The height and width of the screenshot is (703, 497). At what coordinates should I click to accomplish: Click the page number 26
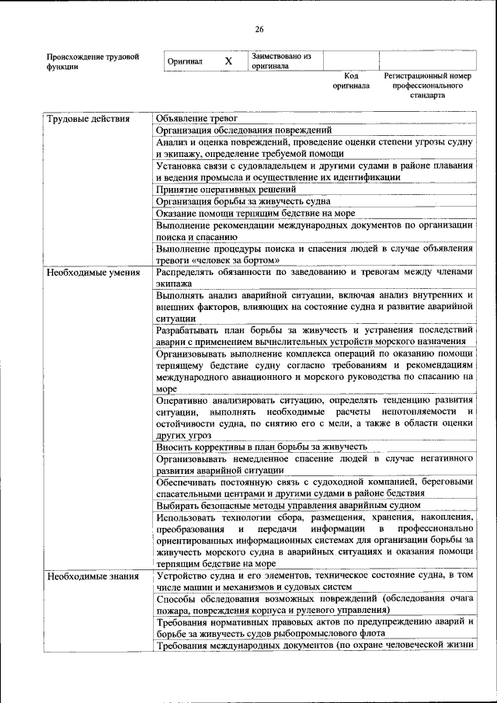tap(259, 30)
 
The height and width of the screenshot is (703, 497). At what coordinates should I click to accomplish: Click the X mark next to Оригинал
tap(228, 61)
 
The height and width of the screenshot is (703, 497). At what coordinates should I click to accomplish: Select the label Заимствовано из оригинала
tap(280, 61)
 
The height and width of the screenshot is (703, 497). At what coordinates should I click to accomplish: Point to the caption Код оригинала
tap(351, 81)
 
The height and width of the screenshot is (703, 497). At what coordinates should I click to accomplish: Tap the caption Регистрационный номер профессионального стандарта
tap(427, 85)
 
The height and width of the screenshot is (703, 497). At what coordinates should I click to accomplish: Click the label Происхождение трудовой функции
tap(92, 61)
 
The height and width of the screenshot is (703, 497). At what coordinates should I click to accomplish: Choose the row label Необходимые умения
tap(92, 273)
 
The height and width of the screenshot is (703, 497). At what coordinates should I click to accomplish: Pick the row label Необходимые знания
tap(92, 576)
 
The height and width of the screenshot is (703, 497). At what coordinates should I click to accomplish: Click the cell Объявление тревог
tap(196, 118)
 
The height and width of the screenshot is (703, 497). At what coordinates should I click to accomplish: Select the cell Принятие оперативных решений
tap(225, 189)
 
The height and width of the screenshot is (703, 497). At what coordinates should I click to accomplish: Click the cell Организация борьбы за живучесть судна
tap(234, 200)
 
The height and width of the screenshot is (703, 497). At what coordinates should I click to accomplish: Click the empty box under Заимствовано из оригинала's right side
tap(351, 61)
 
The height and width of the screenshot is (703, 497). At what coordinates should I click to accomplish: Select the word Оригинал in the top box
tap(186, 61)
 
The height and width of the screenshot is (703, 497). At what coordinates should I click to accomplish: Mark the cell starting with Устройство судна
tap(314, 582)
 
